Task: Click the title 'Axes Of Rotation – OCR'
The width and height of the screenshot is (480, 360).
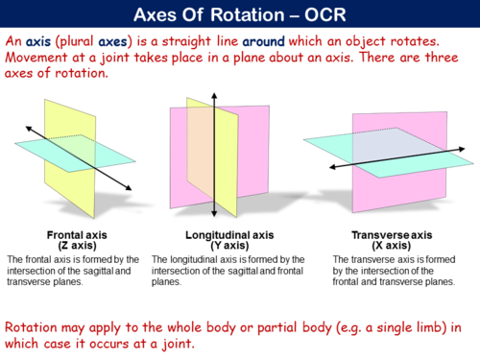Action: (240, 15)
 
